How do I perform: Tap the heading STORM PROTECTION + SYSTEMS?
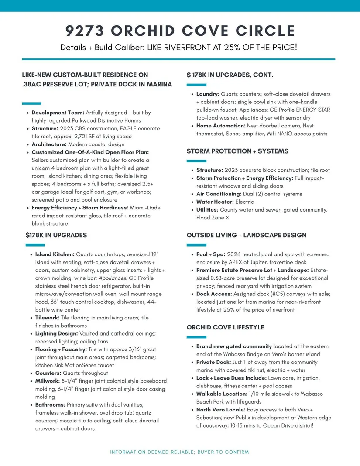237,151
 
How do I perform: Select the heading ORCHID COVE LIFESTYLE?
225,327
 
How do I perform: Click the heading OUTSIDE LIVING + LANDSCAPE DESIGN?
246,235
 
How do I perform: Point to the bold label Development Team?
58,113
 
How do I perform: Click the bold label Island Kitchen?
55,254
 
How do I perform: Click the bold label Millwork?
48,381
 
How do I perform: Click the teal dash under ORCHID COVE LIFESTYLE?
196,337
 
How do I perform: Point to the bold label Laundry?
208,94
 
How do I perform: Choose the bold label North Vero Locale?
221,410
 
